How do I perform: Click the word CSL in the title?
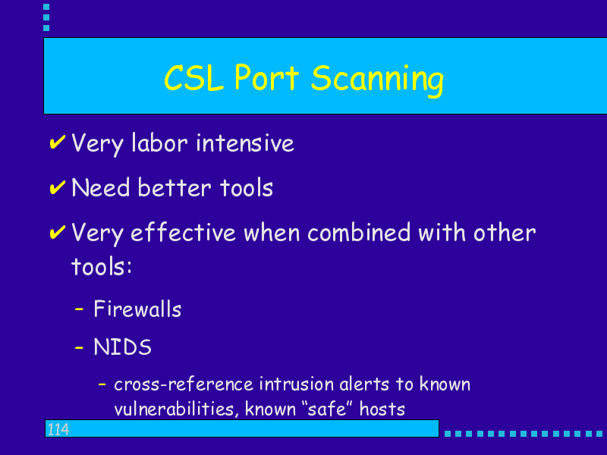click(x=194, y=78)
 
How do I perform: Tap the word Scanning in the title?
click(x=377, y=80)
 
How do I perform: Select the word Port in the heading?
click(x=267, y=77)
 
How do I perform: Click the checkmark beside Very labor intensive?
click(x=58, y=142)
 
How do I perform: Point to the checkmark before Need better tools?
click(x=58, y=187)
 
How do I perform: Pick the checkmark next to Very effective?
click(x=58, y=232)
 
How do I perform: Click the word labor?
click(x=160, y=143)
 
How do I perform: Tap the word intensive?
click(x=245, y=143)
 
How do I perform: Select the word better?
click(x=175, y=187)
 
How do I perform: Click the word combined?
click(x=359, y=233)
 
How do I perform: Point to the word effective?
click(x=183, y=233)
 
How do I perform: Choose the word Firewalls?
click(x=137, y=309)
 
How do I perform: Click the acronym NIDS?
click(x=122, y=347)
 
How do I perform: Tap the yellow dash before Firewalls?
click(x=79, y=309)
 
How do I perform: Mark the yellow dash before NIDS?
click(x=79, y=347)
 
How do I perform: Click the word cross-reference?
click(x=184, y=384)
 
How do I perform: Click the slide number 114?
click(x=58, y=429)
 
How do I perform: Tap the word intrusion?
click(x=297, y=384)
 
